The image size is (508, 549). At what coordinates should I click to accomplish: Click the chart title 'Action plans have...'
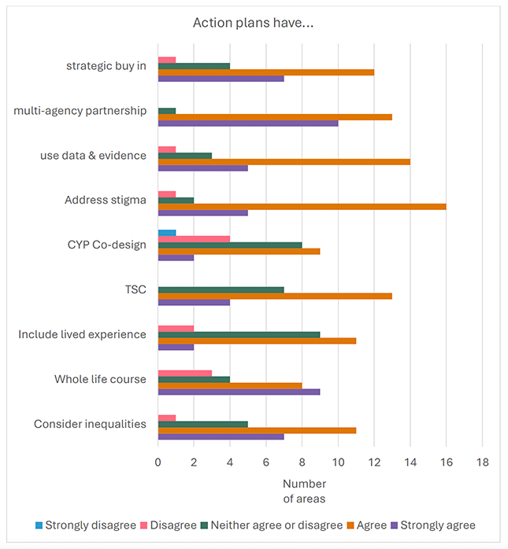(x=254, y=23)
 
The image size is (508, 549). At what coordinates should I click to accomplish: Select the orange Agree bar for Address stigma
(x=302, y=206)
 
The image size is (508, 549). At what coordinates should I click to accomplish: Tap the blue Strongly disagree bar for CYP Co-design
(x=167, y=233)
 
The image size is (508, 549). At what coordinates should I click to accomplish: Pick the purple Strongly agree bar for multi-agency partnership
(x=248, y=123)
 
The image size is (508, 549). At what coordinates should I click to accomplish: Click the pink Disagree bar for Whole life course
(x=185, y=373)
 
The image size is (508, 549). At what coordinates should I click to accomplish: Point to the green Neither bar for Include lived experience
(x=239, y=334)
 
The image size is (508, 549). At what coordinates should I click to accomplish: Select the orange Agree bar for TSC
(x=275, y=296)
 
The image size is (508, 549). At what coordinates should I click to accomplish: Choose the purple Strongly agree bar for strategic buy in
(x=221, y=78)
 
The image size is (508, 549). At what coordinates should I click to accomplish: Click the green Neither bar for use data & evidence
(x=185, y=155)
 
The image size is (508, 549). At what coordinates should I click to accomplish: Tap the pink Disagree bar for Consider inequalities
(x=167, y=418)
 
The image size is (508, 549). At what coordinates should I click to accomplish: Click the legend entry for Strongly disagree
(x=86, y=525)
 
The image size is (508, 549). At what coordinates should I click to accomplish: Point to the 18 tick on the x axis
(x=482, y=462)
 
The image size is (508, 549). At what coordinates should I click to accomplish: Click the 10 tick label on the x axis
(x=338, y=462)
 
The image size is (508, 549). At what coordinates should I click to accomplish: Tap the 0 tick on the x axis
(x=158, y=462)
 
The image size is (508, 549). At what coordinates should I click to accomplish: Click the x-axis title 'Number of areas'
(x=304, y=490)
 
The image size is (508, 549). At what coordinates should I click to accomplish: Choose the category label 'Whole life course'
(x=100, y=379)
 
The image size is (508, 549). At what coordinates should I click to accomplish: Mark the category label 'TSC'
(x=135, y=289)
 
